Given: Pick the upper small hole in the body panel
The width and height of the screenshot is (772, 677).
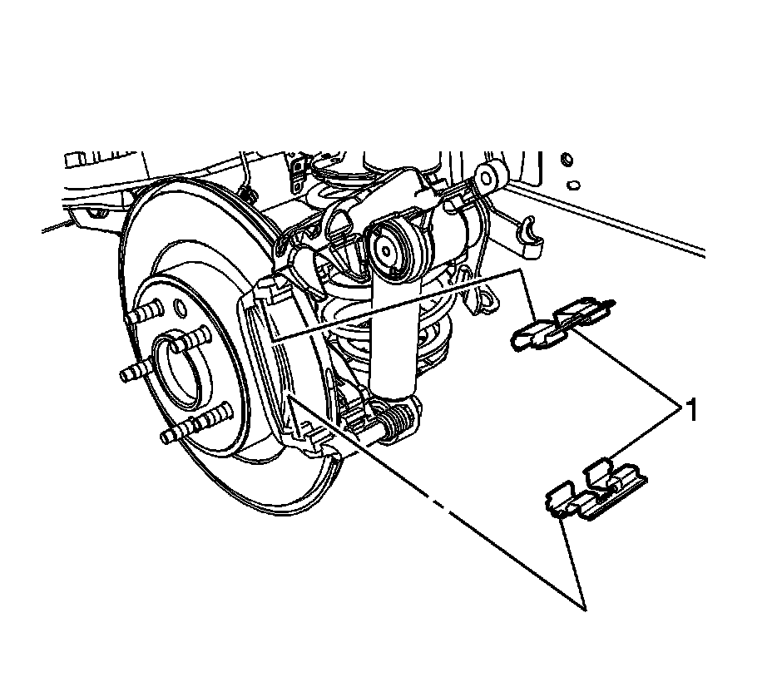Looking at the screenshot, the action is [x=567, y=158].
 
